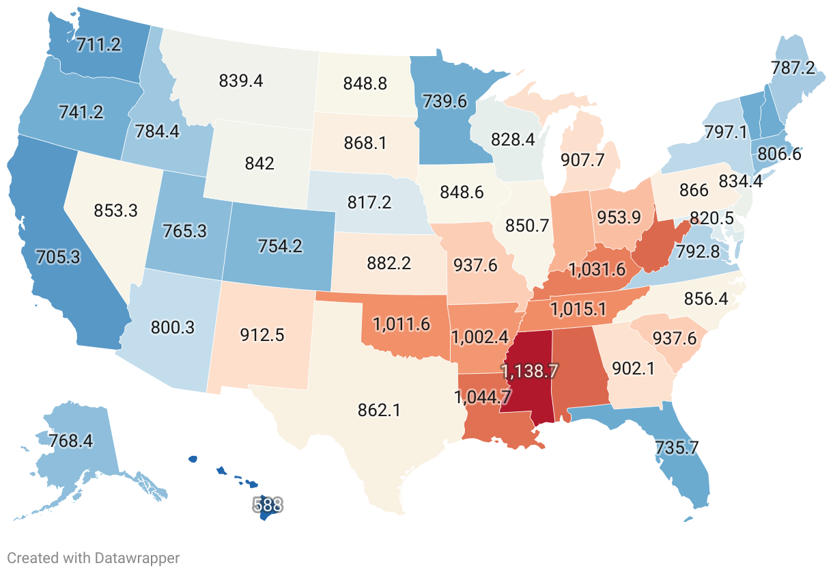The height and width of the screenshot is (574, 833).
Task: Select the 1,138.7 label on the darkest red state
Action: pos(531,371)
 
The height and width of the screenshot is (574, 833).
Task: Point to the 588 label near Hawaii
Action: pos(268,505)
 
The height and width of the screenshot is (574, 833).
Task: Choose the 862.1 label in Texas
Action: pos(379,410)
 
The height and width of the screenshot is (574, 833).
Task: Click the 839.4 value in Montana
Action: pos(241,81)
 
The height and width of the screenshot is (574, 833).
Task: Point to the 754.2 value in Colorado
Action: pos(280,245)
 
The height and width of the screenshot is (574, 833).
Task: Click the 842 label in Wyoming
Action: pos(259,163)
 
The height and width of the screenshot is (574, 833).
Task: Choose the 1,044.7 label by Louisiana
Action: pos(483,396)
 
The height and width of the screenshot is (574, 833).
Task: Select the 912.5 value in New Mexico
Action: pos(263,335)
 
